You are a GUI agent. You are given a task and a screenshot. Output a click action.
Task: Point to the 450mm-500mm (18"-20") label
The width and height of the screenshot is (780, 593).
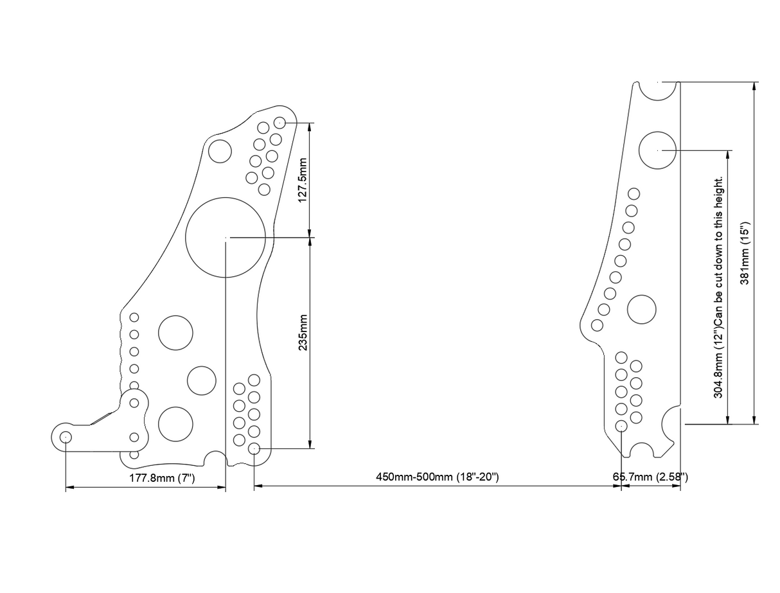coord(437,477)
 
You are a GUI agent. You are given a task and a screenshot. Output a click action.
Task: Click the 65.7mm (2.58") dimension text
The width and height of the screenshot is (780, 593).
coord(650,477)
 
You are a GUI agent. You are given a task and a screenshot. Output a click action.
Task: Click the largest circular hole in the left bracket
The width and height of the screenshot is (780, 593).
coord(226,237)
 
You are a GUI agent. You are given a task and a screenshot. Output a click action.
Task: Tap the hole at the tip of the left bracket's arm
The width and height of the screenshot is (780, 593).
coord(66,437)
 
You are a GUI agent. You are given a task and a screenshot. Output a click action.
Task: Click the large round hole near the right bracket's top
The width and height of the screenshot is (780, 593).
coord(657,150)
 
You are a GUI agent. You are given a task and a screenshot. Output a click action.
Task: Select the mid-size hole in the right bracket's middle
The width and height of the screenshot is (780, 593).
coord(641,309)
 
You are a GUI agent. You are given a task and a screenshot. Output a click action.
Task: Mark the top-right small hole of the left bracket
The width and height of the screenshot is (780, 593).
coord(279,122)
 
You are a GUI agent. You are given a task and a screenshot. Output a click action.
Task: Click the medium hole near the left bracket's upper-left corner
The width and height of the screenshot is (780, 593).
coord(220,152)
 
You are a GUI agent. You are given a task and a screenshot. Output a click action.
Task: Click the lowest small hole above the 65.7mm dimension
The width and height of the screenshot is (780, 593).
coord(621,426)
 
